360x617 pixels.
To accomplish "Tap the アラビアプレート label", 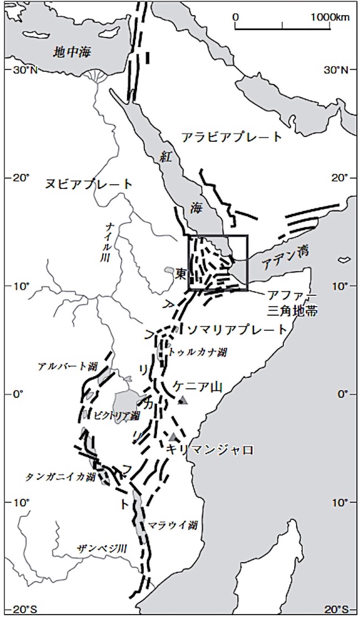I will (x=232, y=137).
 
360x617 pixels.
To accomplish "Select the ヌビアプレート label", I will (x=89, y=184).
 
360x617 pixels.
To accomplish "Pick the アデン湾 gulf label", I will (x=285, y=258).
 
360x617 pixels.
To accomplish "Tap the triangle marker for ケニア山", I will (x=183, y=400).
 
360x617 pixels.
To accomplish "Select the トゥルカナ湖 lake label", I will (x=198, y=352).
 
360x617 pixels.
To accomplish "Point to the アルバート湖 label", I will (x=68, y=366).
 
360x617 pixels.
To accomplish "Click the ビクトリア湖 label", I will (x=117, y=416).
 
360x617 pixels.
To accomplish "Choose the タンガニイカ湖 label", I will (x=61, y=477).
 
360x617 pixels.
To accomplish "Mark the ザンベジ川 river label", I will (x=102, y=549).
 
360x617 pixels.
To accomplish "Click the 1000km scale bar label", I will (x=330, y=17).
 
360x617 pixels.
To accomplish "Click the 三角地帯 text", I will (x=293, y=311).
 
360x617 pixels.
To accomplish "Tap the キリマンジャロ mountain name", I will (x=210, y=450).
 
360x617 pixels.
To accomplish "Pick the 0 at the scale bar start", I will (x=235, y=17).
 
